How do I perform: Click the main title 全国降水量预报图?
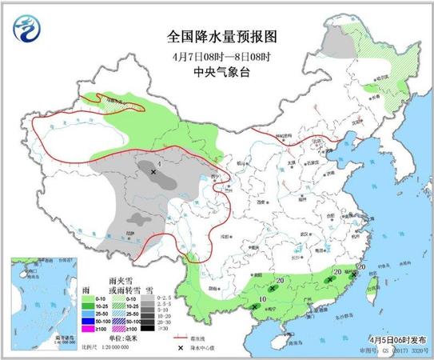pos(216,36)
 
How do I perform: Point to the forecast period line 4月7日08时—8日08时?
pos(216,54)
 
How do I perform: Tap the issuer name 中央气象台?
pos(216,70)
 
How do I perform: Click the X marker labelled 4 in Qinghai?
pos(153,171)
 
